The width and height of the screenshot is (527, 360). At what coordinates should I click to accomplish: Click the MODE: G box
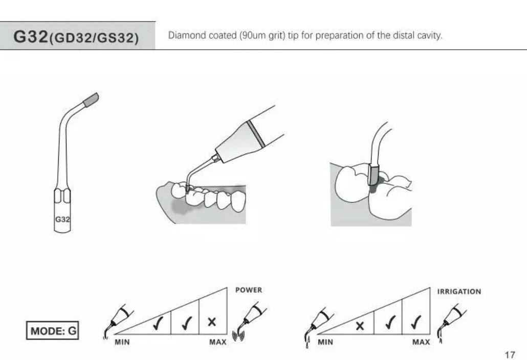click(53, 330)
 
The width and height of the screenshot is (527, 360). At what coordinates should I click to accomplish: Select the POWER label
click(248, 290)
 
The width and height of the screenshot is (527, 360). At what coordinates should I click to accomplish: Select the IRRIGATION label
click(459, 292)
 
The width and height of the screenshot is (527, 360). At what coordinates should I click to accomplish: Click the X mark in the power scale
click(212, 322)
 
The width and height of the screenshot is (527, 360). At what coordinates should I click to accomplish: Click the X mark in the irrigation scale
click(360, 326)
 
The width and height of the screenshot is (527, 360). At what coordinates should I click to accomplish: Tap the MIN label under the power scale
click(122, 342)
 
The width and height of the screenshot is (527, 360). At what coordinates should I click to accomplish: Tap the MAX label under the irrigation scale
click(421, 342)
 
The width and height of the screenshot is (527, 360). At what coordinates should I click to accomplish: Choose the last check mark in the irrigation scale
click(416, 322)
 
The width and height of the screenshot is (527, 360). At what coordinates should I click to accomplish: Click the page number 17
click(510, 354)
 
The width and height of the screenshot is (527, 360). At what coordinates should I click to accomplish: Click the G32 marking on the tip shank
click(62, 219)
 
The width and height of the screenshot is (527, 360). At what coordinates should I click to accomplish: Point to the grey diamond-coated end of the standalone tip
click(91, 99)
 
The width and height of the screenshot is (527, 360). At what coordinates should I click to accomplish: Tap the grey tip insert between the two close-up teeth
click(374, 175)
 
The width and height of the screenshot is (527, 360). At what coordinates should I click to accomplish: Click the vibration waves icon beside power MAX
click(238, 336)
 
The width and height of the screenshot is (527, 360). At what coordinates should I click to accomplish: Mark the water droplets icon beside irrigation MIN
click(307, 342)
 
